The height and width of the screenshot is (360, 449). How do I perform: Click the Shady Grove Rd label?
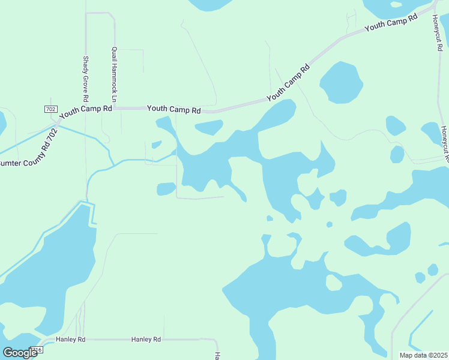[86, 79]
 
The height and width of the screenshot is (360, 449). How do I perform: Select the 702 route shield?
[50, 109]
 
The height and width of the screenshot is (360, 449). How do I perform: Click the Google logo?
[20, 352]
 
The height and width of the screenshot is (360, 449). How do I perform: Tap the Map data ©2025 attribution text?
[423, 355]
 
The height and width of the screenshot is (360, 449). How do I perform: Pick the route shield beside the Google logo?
[38, 349]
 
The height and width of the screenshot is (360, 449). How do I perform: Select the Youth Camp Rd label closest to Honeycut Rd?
[391, 25]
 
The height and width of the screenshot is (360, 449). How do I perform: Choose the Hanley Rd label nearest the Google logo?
[71, 339]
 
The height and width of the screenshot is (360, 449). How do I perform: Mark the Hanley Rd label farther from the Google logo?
[146, 339]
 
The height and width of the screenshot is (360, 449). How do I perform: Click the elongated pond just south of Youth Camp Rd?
[208, 127]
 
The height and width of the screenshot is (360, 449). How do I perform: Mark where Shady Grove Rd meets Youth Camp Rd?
[86, 109]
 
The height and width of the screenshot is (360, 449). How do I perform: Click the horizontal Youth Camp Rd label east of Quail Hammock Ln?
[173, 109]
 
